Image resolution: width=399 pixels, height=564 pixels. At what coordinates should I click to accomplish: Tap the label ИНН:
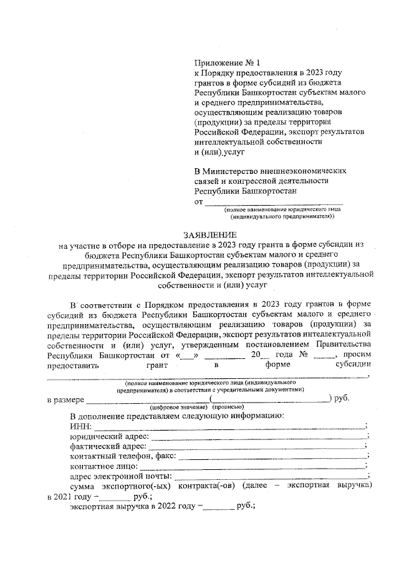pyautogui.click(x=80, y=426)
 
